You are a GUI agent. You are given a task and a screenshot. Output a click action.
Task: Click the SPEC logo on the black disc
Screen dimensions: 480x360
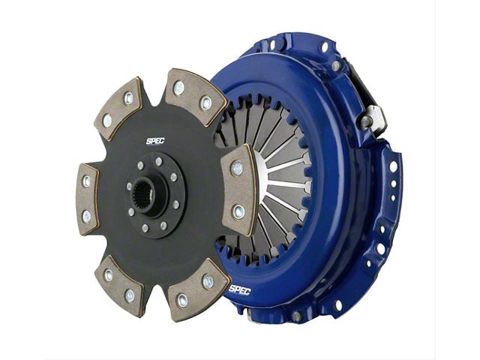click(x=155, y=141)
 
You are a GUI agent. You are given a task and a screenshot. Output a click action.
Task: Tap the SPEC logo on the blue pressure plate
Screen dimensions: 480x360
click(x=240, y=289)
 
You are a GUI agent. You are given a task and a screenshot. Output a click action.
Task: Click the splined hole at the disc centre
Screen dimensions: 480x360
click(x=147, y=194)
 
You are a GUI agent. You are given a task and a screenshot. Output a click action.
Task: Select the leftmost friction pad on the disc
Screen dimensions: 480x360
click(x=88, y=199)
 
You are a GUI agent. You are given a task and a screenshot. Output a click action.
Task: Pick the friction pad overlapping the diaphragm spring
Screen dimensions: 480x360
click(x=239, y=190)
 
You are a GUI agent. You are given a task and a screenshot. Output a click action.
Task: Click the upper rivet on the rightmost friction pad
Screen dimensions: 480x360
click(x=237, y=168)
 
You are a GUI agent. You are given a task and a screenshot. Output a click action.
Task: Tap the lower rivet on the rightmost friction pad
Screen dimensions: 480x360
click(x=238, y=211)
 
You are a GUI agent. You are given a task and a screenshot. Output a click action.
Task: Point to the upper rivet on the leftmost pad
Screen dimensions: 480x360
click(x=87, y=181)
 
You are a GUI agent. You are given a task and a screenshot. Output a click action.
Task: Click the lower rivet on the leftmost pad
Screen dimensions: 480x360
click(x=87, y=217)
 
